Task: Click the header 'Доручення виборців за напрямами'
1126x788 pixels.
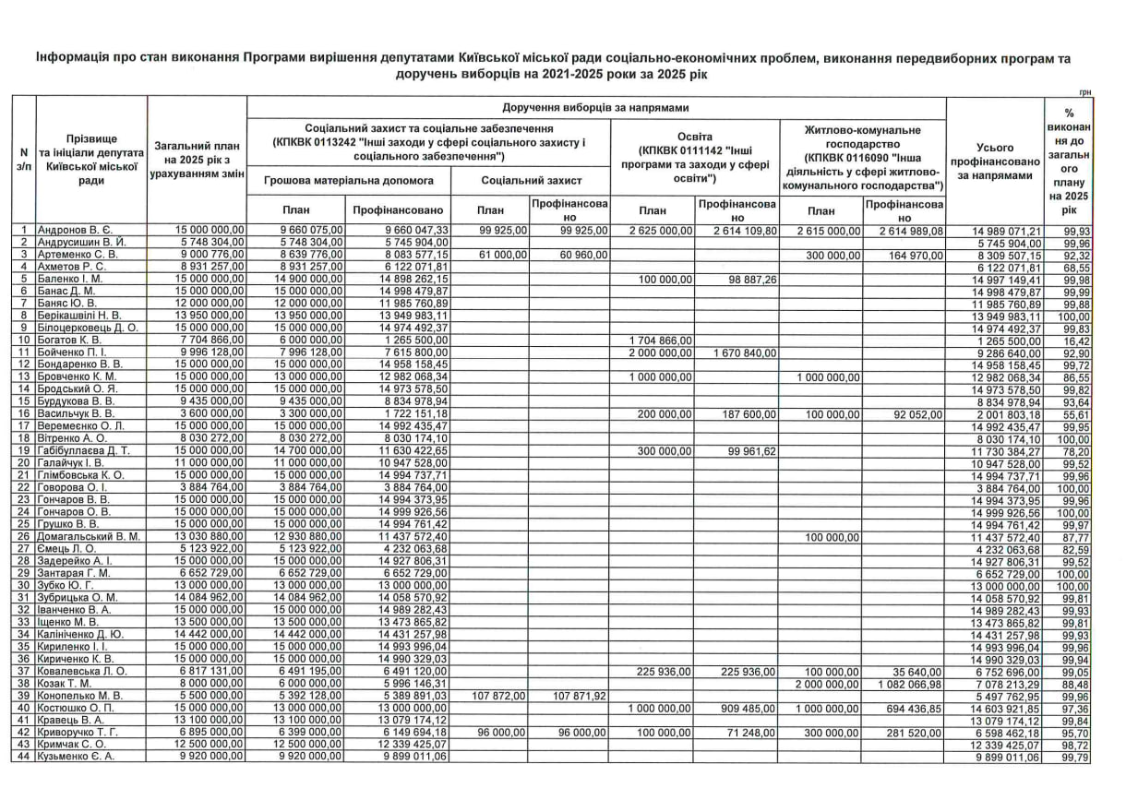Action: [596, 108]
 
